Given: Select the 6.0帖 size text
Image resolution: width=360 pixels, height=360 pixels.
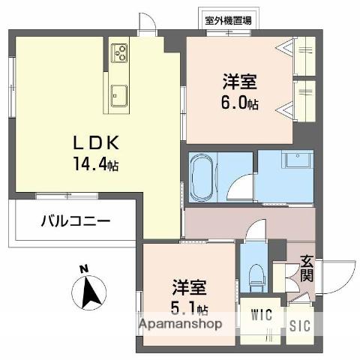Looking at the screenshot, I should tap(239, 103).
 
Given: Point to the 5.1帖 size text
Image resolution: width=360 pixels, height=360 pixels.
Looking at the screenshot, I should tap(191, 309).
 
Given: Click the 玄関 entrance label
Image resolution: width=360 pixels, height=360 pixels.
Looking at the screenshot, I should tap(307, 268).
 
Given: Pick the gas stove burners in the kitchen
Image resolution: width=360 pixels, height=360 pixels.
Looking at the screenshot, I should tap(120, 53).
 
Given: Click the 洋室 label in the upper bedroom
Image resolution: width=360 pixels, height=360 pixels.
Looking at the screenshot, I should tap(239, 81).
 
